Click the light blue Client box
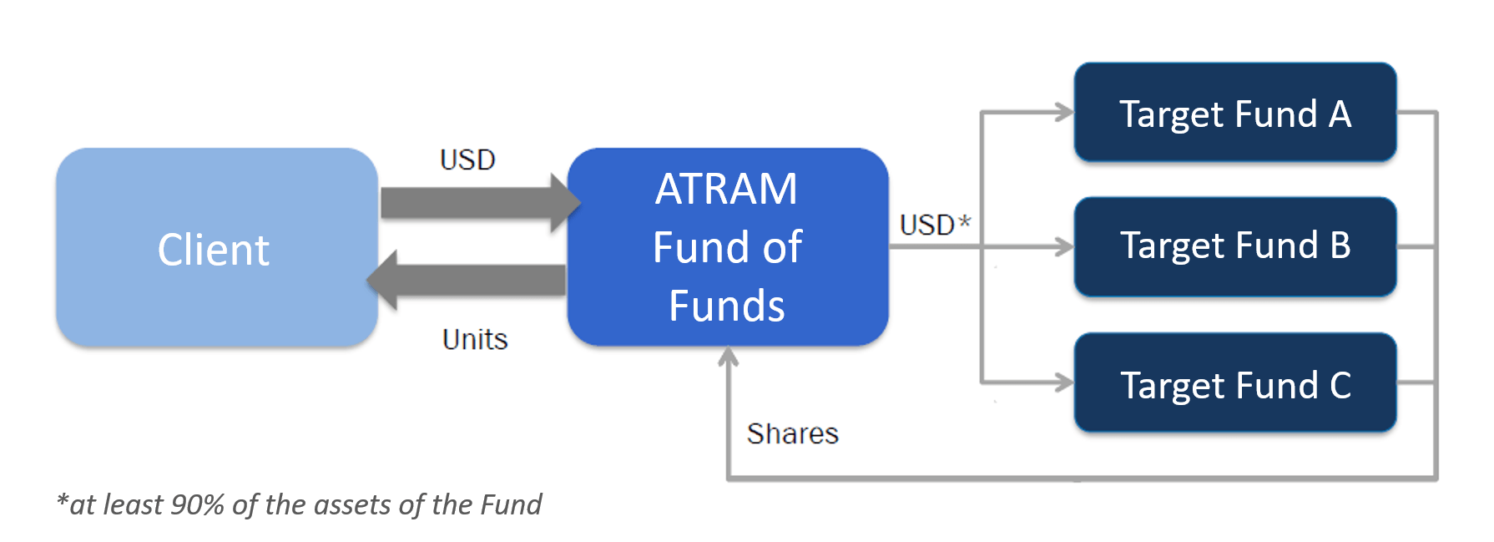(x=217, y=247)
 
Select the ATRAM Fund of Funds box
(x=728, y=247)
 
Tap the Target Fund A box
(x=1235, y=112)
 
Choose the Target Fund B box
(x=1235, y=247)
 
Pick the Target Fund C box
(x=1235, y=382)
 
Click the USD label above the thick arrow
(x=467, y=160)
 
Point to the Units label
(x=475, y=339)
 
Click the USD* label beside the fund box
(x=935, y=224)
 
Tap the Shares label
(x=792, y=433)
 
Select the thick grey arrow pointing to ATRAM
(x=481, y=203)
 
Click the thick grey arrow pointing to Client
(x=466, y=281)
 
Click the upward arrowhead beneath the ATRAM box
(x=729, y=357)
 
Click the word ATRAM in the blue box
(x=726, y=189)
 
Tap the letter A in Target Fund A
(x=1340, y=114)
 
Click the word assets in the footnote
(x=350, y=504)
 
